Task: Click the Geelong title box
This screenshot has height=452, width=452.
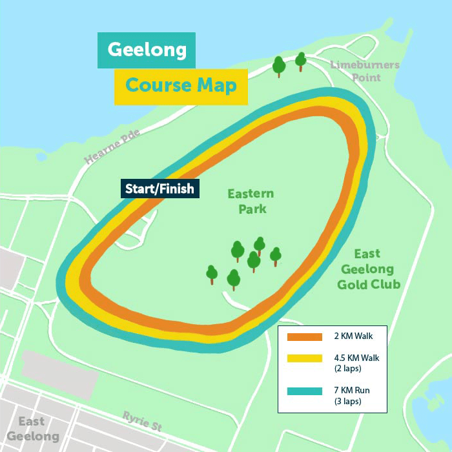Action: (146, 50)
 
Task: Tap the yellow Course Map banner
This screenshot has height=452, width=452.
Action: (181, 86)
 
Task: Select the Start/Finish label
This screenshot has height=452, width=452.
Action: (160, 189)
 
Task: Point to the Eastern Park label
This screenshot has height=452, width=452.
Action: (251, 201)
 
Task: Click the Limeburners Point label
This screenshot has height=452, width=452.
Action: (365, 71)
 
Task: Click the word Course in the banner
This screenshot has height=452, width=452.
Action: (158, 86)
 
